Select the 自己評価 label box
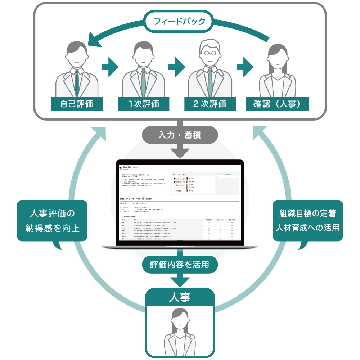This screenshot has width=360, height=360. pyautogui.click(x=77, y=104)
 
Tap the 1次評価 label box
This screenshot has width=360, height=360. pyautogui.click(x=144, y=104)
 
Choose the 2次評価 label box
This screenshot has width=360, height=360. pyautogui.click(x=210, y=104)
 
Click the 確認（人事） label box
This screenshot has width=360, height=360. pyautogui.click(x=278, y=104)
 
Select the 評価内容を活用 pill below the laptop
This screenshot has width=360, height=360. pyautogui.click(x=180, y=265)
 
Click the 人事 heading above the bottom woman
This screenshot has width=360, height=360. pyautogui.click(x=180, y=297)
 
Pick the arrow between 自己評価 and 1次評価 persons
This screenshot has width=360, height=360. pyautogui.click(x=110, y=67)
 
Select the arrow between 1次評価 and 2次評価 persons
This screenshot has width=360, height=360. pyautogui.click(x=176, y=67)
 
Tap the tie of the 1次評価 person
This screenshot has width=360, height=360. pyautogui.click(x=143, y=81)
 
